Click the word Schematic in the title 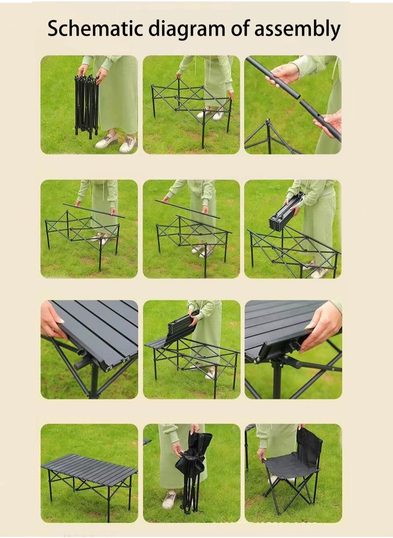95,28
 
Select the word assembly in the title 297,29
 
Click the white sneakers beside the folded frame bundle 116,143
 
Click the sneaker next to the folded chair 169,500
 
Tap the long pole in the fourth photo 93,211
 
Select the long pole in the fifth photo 187,209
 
